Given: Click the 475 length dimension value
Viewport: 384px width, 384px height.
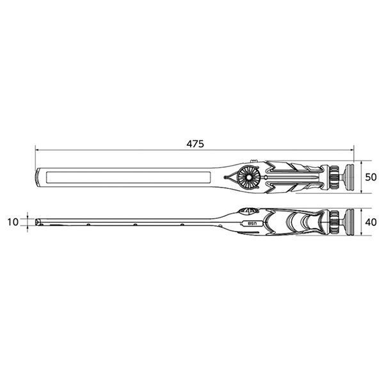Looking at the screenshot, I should [195, 144].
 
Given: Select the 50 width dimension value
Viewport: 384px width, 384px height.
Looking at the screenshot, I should [370, 176].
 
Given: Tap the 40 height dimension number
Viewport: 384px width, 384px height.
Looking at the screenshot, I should [370, 222].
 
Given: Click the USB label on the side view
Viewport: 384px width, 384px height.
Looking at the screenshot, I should [252, 223].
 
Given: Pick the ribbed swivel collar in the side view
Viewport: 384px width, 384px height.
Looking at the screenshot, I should [333, 222].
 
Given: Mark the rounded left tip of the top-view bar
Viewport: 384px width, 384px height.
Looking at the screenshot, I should [37, 176].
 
